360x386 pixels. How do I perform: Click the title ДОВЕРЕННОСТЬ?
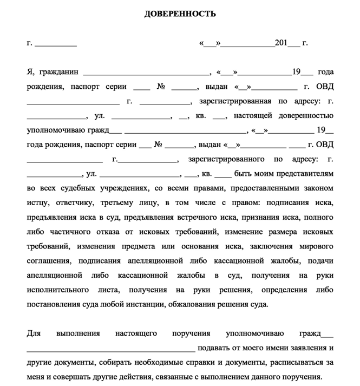pos(180,14)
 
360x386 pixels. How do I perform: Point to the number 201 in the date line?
pos(281,43)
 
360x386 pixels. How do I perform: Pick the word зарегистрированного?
pos(226,159)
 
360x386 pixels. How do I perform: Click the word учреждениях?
pos(122,188)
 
